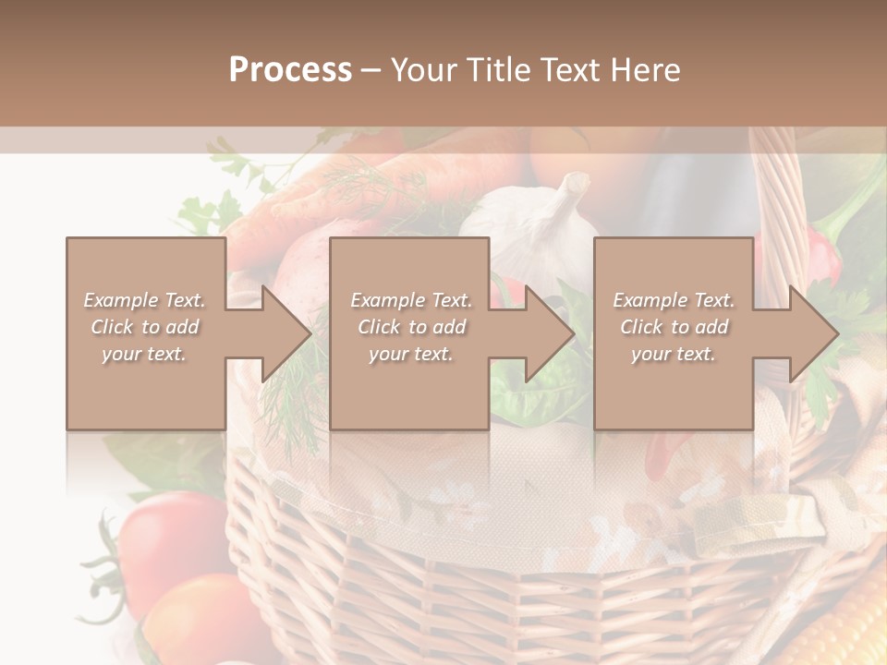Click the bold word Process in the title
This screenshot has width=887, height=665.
pyautogui.click(x=290, y=70)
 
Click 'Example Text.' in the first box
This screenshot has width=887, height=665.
pyautogui.click(x=145, y=300)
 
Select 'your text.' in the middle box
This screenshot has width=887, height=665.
pyautogui.click(x=410, y=354)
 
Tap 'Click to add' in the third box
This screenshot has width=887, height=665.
pyautogui.click(x=674, y=327)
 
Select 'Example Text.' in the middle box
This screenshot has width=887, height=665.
pyautogui.click(x=410, y=300)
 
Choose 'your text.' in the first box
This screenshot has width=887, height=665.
pyautogui.click(x=145, y=354)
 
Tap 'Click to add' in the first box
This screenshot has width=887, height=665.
pyautogui.click(x=145, y=327)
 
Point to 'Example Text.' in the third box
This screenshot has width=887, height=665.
pyautogui.click(x=674, y=300)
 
